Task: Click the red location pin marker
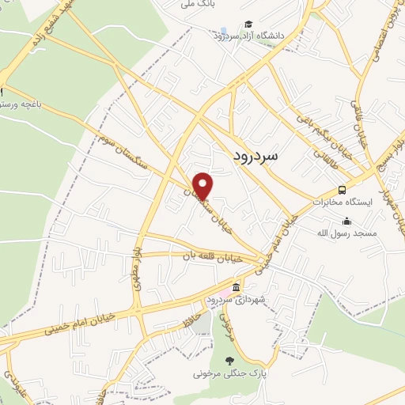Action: coord(203,185)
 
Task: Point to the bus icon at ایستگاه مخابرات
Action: coord(342,190)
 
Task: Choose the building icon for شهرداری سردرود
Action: coord(236,286)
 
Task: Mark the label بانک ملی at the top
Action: coord(198,5)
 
